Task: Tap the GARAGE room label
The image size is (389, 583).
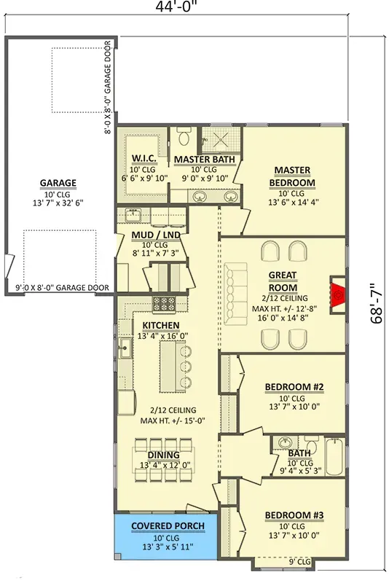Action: [x=58, y=183]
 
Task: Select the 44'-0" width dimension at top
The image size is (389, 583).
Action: [x=176, y=7]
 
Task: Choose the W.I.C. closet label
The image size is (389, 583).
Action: [x=144, y=159]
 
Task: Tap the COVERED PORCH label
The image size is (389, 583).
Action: [x=168, y=525]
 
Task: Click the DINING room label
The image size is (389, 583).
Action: [x=163, y=455]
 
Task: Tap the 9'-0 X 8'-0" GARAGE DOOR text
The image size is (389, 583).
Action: [x=63, y=288]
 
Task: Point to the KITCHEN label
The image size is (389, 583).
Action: [x=161, y=325]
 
